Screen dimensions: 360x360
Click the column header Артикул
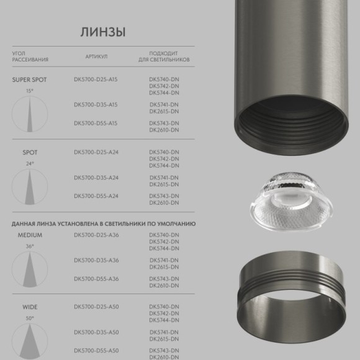pos(96,56)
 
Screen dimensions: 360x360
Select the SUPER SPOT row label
pos(30,79)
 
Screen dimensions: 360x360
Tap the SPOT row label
pos(30,152)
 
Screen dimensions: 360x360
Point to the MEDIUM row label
pos(30,235)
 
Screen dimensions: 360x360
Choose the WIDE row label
pos(30,307)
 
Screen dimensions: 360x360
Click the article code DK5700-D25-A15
pos(96,79)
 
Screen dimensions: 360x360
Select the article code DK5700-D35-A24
pos(96,178)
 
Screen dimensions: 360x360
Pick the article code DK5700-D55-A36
pos(96,279)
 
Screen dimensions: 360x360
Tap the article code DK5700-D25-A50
pos(96,307)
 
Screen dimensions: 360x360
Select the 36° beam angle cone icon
pos(30,270)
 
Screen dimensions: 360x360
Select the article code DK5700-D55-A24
pos(96,196)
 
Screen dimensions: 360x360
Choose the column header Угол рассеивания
pos(30,56)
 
